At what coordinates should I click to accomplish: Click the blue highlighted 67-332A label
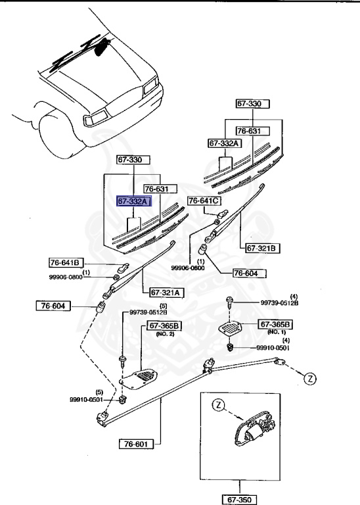pos(133,201)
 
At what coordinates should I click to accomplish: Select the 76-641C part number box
pos(204,200)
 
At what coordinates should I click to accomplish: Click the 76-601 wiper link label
pos(135,444)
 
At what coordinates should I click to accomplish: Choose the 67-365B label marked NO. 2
pos(164,325)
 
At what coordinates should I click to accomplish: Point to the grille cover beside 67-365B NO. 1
pos(232,329)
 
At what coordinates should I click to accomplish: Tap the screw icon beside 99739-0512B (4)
pos(227,302)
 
